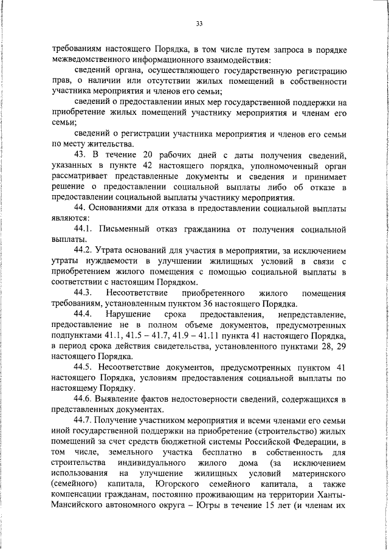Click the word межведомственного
pos(89,60)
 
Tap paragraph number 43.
pos(81,155)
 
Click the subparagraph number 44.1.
pos(83,230)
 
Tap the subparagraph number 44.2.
pos(83,250)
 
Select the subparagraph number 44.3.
pos(83,292)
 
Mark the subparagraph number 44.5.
pos(83,367)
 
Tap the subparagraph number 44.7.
pos(83,419)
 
